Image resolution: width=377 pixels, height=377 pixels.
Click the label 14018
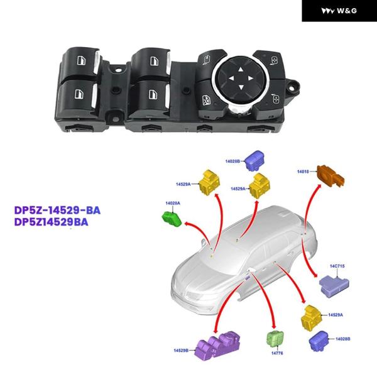coord(305,171)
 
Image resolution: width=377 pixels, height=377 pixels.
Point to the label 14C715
coord(336,266)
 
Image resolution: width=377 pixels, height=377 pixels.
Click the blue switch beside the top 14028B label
coord(256,160)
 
